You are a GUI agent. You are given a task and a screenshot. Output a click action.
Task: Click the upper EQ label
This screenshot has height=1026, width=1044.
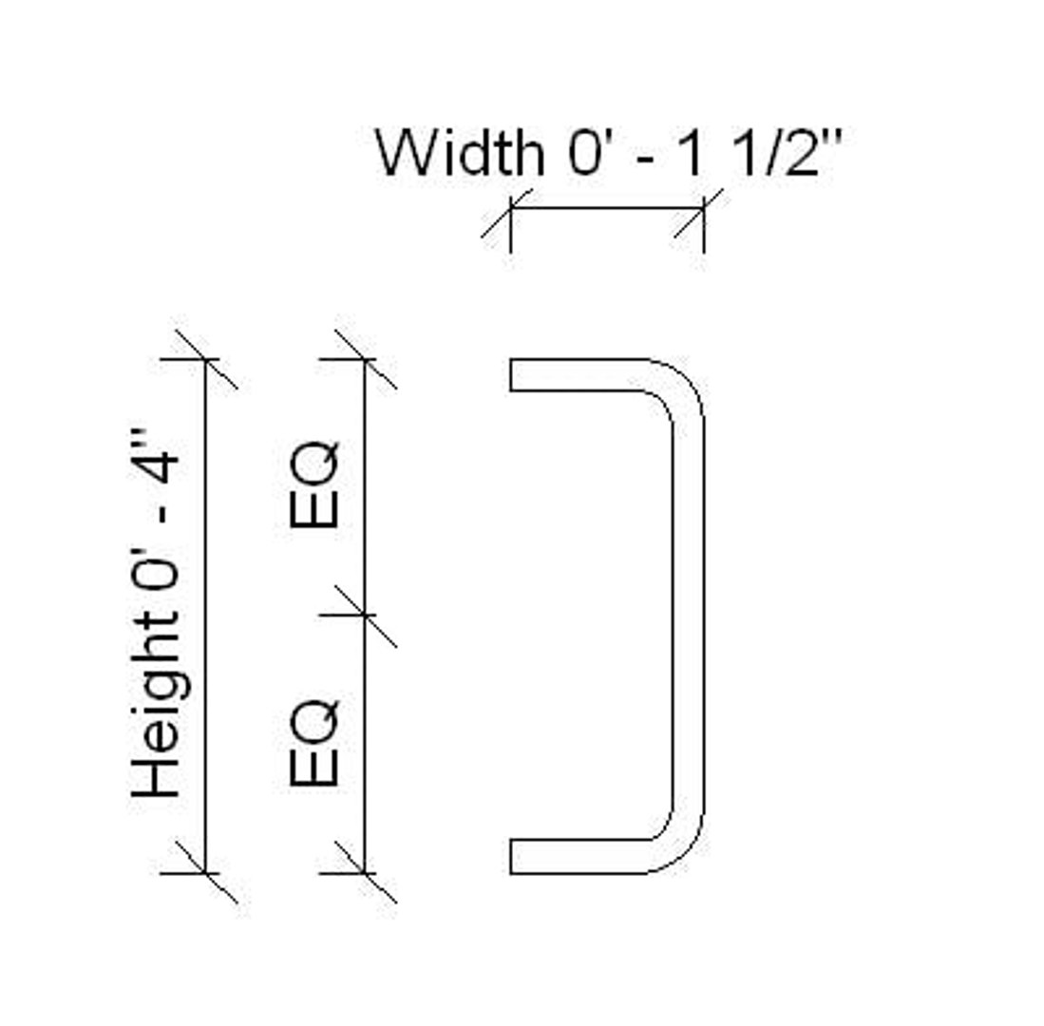click(314, 484)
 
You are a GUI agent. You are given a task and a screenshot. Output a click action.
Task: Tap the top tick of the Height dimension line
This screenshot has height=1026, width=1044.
click(205, 359)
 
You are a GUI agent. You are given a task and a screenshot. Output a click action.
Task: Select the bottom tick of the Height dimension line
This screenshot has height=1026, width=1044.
click(205, 872)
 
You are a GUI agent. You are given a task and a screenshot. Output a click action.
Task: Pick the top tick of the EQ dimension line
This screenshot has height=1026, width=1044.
click(365, 359)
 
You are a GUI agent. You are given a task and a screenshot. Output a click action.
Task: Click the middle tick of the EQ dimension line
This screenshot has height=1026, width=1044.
click(365, 616)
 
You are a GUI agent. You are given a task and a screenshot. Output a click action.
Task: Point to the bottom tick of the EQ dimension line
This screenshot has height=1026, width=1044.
click(365, 872)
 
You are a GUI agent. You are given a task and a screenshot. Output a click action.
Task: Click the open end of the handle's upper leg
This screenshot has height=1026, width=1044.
click(512, 374)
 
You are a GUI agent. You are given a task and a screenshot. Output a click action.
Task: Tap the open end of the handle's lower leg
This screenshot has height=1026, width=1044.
click(512, 857)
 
